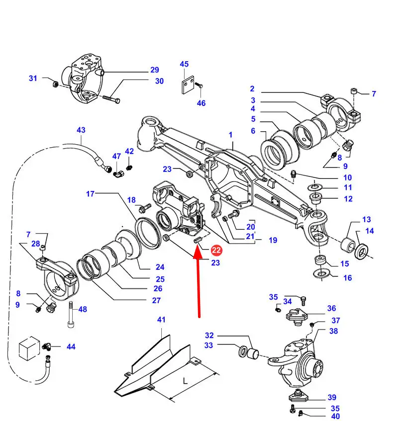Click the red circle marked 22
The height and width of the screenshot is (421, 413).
[x=216, y=250]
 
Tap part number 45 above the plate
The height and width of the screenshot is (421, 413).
[x=184, y=64]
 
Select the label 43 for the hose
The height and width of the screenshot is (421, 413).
[x=81, y=130]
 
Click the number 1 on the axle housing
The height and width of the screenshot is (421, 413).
[x=231, y=135]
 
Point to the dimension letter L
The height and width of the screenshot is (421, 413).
[x=185, y=381]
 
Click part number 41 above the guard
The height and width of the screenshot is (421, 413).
[x=161, y=320]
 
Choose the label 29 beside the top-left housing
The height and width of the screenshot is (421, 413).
[x=154, y=70]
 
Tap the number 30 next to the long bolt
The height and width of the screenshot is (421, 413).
[x=159, y=81]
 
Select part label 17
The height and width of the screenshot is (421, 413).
[x=90, y=194]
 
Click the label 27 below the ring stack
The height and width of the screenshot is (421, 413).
[x=156, y=300]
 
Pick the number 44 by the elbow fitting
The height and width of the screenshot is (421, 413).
[x=71, y=346]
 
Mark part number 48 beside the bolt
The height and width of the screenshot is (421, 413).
[x=83, y=309]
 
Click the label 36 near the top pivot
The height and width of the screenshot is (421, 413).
[x=331, y=309]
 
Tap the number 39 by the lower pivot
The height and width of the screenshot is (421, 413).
[x=332, y=397]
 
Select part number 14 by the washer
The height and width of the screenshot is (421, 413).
[x=370, y=231]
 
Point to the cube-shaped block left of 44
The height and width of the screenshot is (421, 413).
[x=28, y=348]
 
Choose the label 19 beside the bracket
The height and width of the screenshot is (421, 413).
[x=273, y=240]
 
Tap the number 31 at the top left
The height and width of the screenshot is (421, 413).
[x=33, y=78]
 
